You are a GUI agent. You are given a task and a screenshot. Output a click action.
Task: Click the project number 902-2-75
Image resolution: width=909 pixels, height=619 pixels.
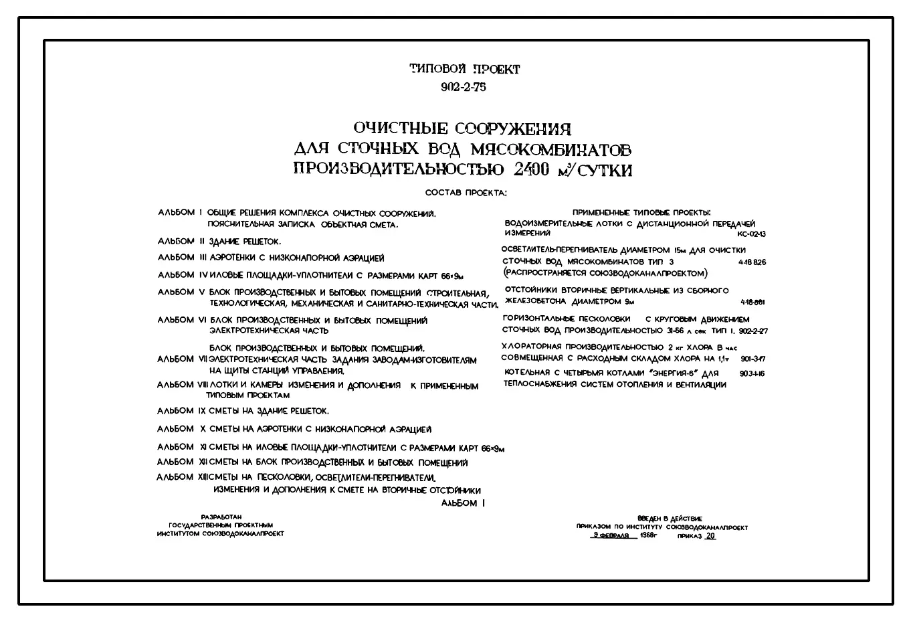[x=464, y=87]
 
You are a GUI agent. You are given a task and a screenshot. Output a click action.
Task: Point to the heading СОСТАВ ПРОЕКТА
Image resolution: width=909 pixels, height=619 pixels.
[x=466, y=193]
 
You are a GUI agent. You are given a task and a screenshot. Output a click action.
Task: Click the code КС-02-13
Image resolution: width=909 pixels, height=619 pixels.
[x=751, y=234]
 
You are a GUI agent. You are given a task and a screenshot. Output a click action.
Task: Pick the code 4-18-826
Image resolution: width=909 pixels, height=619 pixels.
[x=752, y=262]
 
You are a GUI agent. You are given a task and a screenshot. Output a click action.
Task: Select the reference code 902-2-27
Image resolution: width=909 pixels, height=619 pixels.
[x=754, y=331]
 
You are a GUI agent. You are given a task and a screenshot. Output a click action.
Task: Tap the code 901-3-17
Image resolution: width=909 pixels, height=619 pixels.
[x=752, y=359]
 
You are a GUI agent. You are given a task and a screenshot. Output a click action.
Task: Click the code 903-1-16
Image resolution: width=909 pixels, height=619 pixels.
[x=752, y=373]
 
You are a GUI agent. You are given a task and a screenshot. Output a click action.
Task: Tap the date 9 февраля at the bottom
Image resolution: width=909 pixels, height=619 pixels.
[x=609, y=536]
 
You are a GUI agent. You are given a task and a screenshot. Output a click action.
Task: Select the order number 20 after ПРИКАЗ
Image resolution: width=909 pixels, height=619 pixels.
[x=710, y=536]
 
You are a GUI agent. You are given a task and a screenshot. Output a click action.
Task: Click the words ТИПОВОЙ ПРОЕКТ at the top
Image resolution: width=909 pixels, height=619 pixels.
[x=464, y=69]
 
